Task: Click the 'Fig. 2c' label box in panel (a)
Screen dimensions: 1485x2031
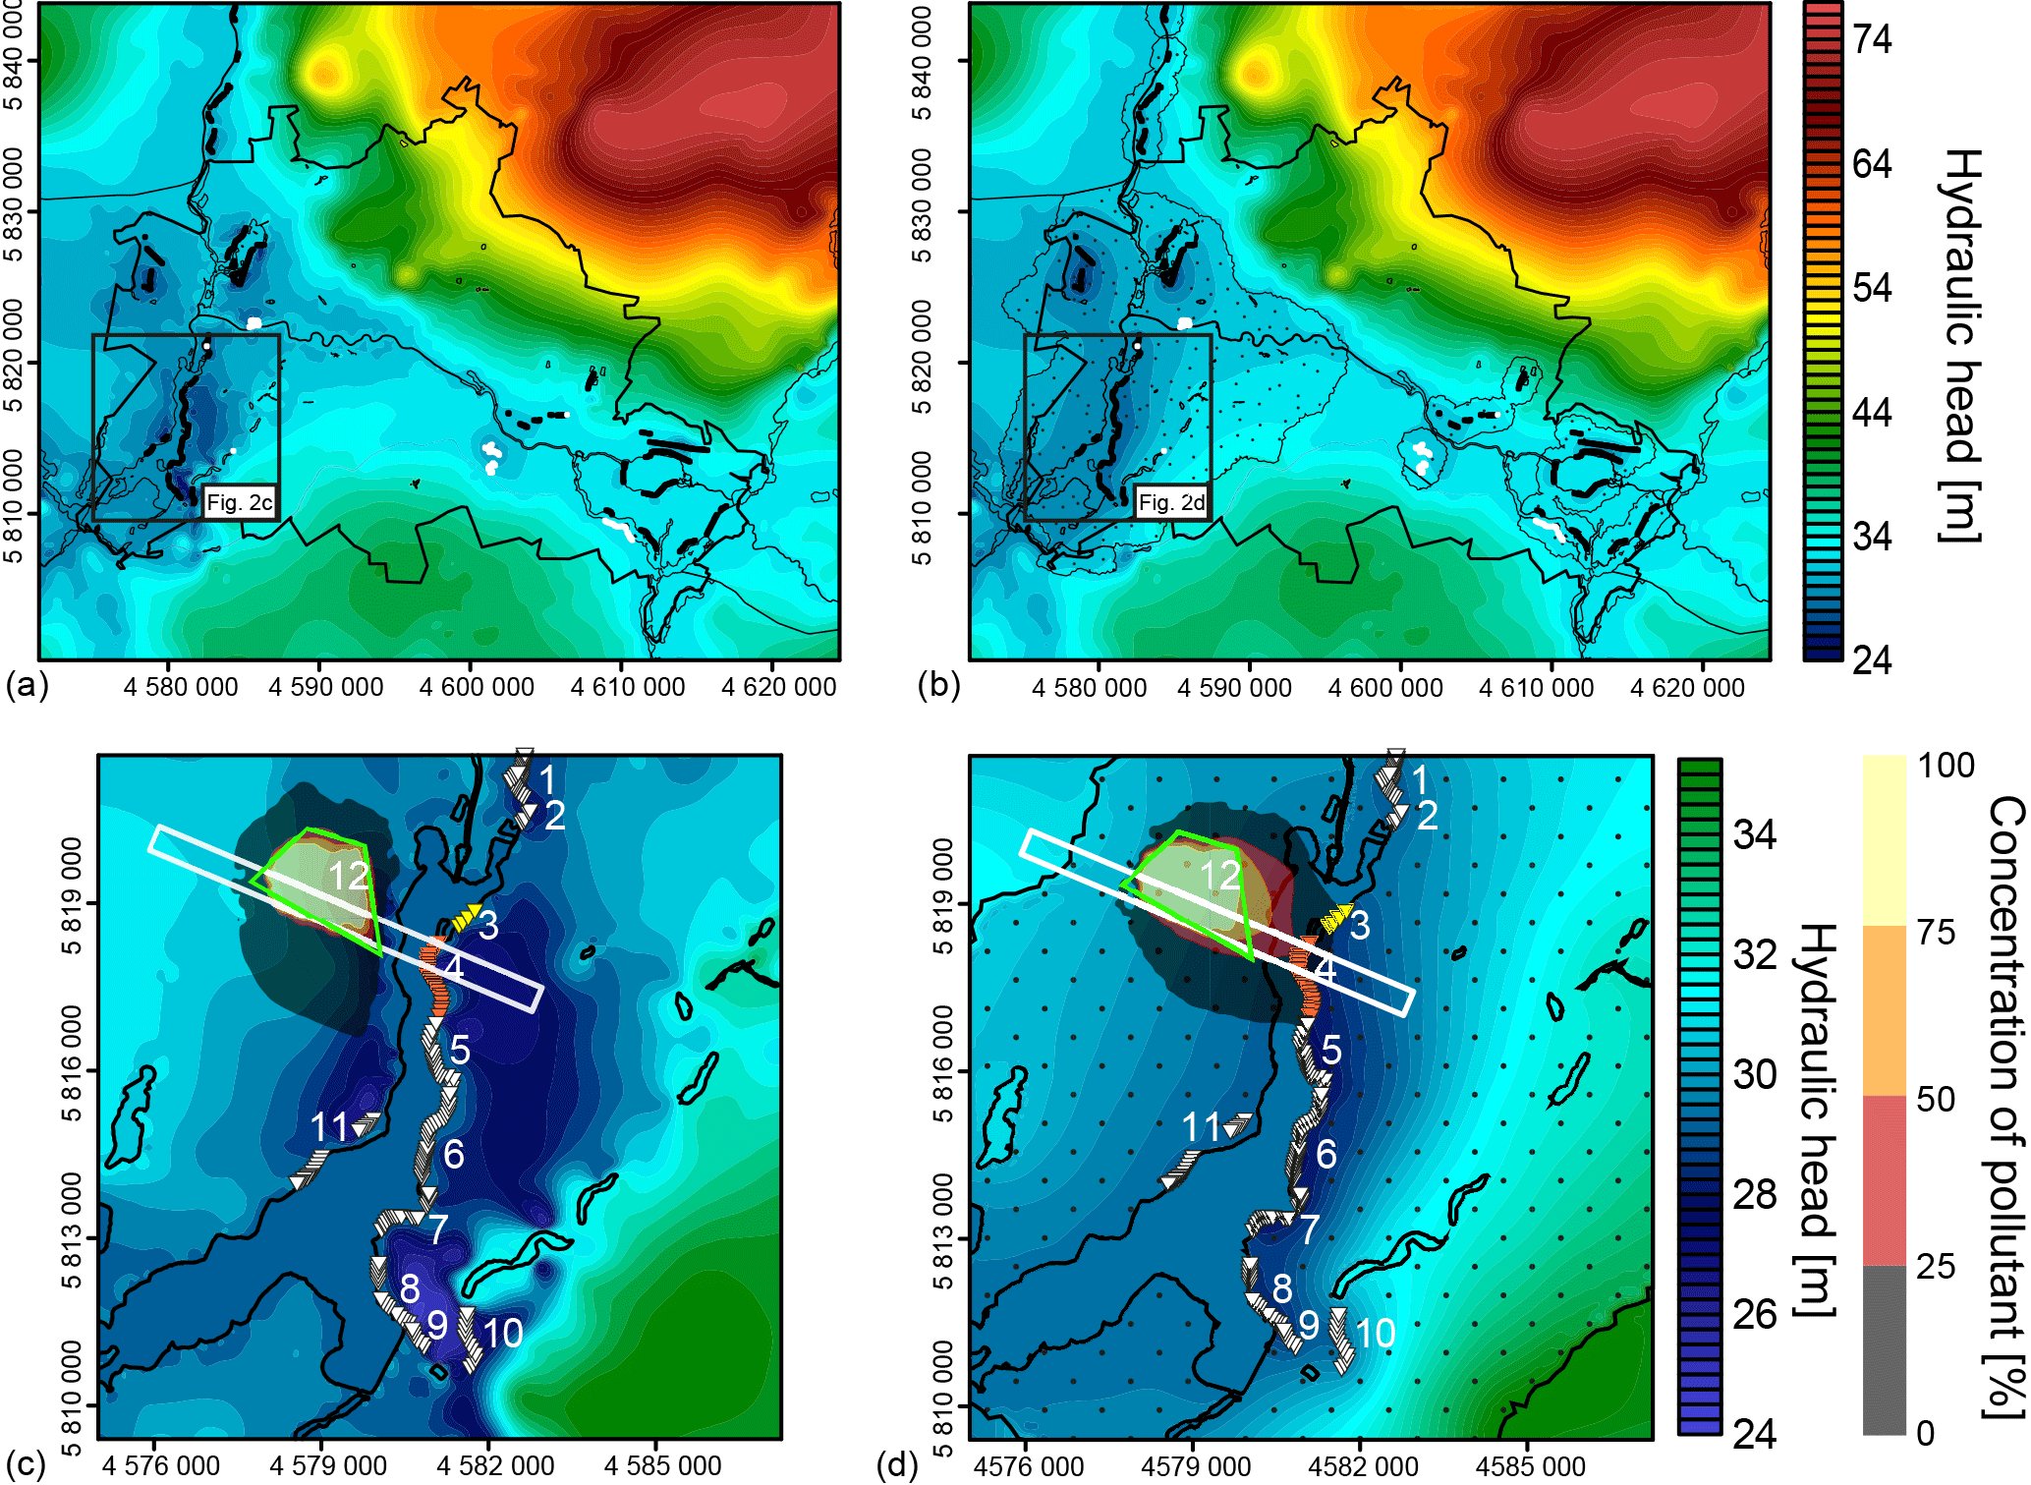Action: pyautogui.click(x=239, y=503)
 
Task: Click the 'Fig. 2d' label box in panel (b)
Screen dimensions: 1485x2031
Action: pyautogui.click(x=1171, y=503)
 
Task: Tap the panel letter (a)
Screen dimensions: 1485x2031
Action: pyautogui.click(x=27, y=685)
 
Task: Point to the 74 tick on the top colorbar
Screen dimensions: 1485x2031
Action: pyautogui.click(x=1872, y=39)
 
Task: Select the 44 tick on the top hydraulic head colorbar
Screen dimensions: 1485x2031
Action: pyautogui.click(x=1872, y=412)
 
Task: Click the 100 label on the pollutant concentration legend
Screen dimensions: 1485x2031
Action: pyautogui.click(x=1945, y=766)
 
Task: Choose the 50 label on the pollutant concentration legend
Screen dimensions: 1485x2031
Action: pyautogui.click(x=1935, y=1099)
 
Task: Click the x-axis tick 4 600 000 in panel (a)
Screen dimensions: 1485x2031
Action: pyautogui.click(x=477, y=687)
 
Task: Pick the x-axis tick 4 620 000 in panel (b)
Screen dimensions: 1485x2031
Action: pyautogui.click(x=1687, y=688)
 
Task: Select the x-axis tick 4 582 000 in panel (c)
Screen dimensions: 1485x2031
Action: pyautogui.click(x=496, y=1465)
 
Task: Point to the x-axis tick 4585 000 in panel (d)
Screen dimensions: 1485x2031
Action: pyautogui.click(x=1530, y=1466)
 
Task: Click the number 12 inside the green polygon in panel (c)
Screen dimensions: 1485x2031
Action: pyautogui.click(x=349, y=876)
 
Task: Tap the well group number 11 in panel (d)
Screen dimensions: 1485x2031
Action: pyautogui.click(x=1201, y=1127)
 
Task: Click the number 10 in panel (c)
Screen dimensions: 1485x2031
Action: pyautogui.click(x=502, y=1334)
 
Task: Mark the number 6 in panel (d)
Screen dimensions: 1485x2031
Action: pyautogui.click(x=1326, y=1154)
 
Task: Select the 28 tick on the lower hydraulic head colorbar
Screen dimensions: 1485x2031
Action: pyautogui.click(x=1755, y=1194)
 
